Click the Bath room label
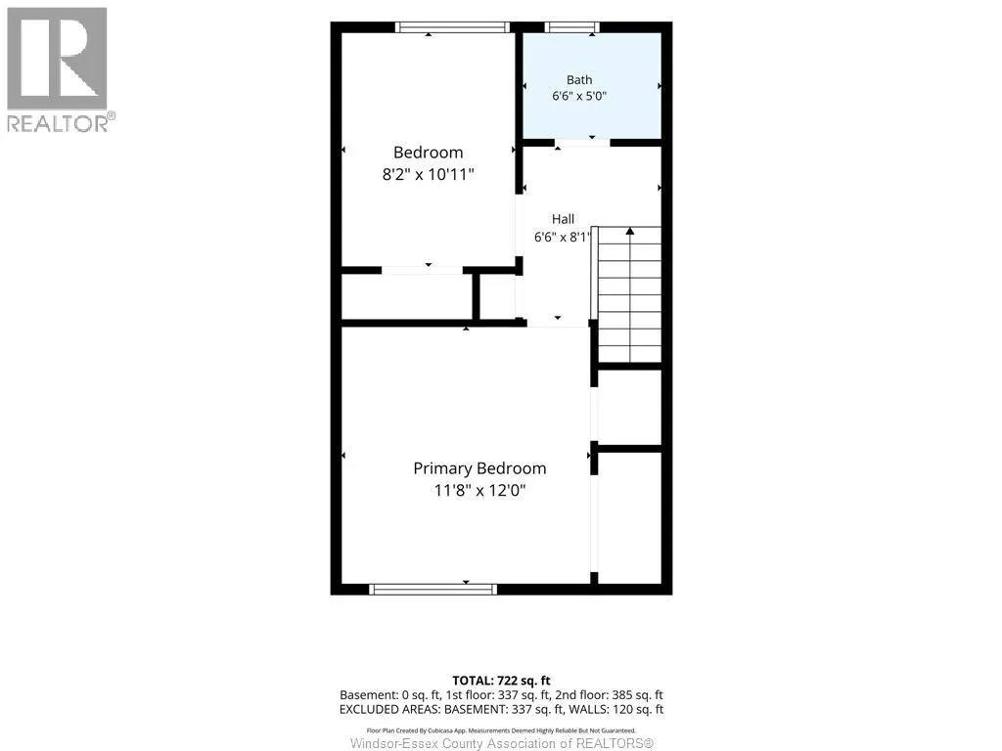pyautogui.click(x=579, y=80)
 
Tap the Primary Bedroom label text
pyautogui.click(x=479, y=468)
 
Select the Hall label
pyautogui.click(x=563, y=219)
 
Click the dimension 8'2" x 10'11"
pyautogui.click(x=429, y=174)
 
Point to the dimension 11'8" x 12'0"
pyautogui.click(x=479, y=491)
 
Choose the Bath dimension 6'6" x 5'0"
pyautogui.click(x=579, y=96)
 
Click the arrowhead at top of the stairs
pyautogui.click(x=630, y=231)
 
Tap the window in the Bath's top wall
pyautogui.click(x=571, y=26)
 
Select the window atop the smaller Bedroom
pyautogui.click(x=452, y=26)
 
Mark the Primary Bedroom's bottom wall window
pyautogui.click(x=433, y=589)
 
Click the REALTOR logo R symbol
pyautogui.click(x=57, y=59)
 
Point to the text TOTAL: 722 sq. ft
pyautogui.click(x=501, y=681)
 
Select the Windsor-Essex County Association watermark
pyautogui.click(x=502, y=743)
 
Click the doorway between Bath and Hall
pyautogui.click(x=582, y=143)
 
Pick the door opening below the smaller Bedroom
pyautogui.click(x=422, y=270)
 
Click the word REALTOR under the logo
pyautogui.click(x=58, y=123)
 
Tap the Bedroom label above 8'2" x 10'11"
pyautogui.click(x=429, y=153)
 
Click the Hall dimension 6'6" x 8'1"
pyautogui.click(x=563, y=237)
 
